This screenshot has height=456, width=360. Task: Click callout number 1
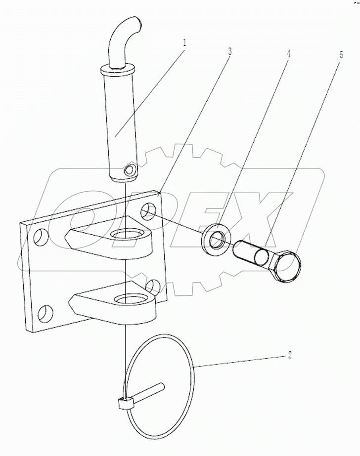[185, 42]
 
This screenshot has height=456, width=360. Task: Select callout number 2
[290, 355]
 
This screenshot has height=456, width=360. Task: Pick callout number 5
[341, 55]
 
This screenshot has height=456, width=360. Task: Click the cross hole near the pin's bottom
[129, 170]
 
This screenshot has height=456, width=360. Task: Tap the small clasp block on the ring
[125, 404]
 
